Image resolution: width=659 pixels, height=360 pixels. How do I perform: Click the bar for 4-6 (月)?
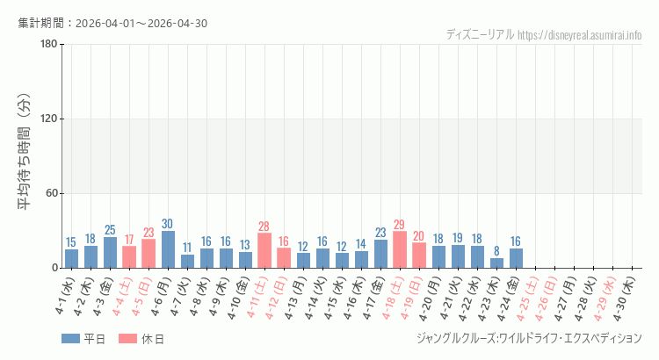point(168,249)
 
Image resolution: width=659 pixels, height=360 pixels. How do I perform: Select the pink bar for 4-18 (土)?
point(400,249)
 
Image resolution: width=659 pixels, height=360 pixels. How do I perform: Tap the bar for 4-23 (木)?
point(496,263)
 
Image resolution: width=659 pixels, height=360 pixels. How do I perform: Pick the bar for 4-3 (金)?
point(110,252)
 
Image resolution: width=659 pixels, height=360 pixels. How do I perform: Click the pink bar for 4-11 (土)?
point(264,250)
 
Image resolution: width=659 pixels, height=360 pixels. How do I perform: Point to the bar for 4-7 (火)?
point(187,261)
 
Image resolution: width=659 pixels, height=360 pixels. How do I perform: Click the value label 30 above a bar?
point(168,224)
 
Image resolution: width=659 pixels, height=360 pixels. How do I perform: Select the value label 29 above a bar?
point(400,225)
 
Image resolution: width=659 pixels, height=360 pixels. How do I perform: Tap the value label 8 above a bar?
point(496,251)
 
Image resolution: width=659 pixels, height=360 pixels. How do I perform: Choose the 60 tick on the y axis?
point(51,193)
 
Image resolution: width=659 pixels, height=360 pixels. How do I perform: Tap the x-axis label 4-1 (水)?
point(66,297)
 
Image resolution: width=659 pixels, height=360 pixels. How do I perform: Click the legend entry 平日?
point(83,339)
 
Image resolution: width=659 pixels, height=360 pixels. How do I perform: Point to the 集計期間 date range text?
point(112,23)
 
